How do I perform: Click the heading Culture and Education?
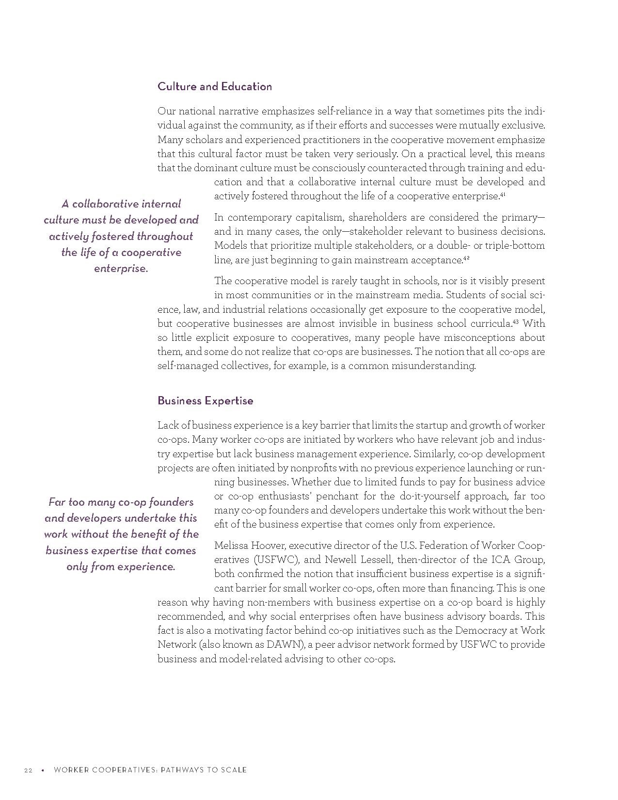click(x=214, y=87)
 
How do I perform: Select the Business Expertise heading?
click(x=205, y=401)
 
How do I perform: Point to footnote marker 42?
click(x=466, y=258)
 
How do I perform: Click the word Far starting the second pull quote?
click(x=57, y=502)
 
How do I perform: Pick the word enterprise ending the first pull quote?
click(x=121, y=269)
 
